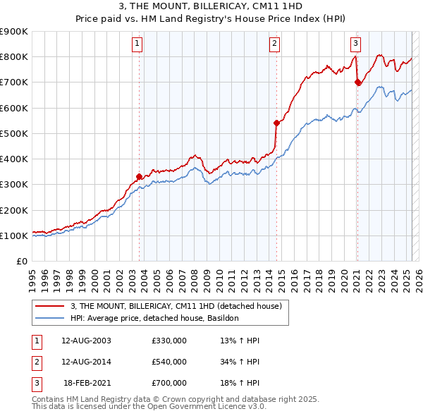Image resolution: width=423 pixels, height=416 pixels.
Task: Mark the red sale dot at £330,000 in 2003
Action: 140,176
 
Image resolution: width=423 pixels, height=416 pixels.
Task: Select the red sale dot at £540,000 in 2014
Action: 276,123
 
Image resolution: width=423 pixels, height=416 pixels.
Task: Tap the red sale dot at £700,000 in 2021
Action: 357,82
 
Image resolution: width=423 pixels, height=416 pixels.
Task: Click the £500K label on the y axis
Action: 15,133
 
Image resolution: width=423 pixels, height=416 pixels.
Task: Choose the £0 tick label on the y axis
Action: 23,261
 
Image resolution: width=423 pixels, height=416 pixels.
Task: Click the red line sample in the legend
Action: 49,306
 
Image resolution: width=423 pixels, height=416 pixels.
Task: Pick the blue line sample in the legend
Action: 49,319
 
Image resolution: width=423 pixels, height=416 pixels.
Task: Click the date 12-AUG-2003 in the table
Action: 87,341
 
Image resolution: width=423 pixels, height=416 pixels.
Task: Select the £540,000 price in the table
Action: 169,362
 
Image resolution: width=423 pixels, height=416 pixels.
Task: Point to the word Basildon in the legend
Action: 223,319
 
